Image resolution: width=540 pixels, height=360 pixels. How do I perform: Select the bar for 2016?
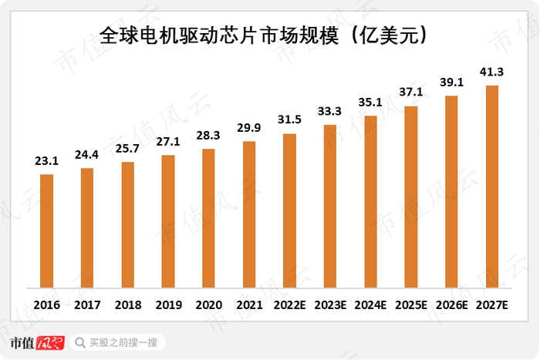(x=47, y=231)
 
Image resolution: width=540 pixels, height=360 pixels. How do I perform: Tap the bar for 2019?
(x=168, y=222)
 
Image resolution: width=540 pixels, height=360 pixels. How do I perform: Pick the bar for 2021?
(x=249, y=215)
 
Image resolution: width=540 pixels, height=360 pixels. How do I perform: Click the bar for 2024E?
(x=370, y=202)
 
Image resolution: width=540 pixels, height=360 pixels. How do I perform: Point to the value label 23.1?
(x=47, y=163)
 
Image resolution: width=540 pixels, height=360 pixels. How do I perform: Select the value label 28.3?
(x=209, y=136)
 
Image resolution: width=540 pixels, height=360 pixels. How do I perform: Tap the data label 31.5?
(x=290, y=122)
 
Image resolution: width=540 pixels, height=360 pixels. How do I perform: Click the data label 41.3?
(x=491, y=72)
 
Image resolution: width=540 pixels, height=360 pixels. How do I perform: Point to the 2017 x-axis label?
(x=87, y=305)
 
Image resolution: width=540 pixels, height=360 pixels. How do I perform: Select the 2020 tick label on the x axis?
(x=209, y=305)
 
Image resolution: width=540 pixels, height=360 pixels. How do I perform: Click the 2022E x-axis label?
(x=290, y=305)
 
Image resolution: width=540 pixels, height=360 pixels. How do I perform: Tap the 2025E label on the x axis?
(x=411, y=305)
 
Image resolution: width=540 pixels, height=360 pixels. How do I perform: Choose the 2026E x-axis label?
(x=451, y=305)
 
